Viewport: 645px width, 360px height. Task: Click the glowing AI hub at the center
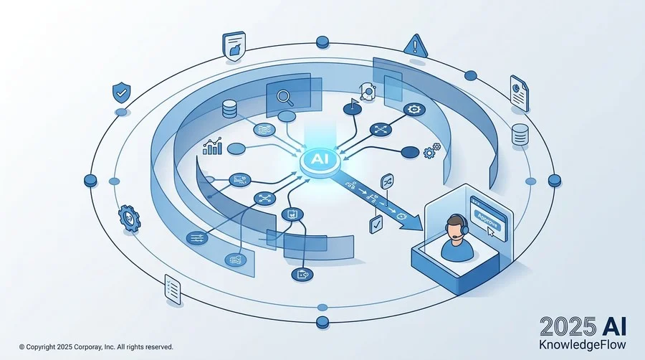coord(320,161)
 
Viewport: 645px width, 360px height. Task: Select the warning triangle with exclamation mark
coord(416,45)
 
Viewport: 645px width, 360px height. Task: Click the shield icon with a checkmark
coord(121,93)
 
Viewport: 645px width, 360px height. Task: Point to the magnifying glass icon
coord(285,98)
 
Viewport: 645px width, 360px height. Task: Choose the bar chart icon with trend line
coord(213,146)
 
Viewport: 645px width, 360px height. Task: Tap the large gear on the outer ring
coord(129,217)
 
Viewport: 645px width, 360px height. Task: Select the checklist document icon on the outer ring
coord(173,290)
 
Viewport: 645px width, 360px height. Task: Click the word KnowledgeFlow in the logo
coord(582,344)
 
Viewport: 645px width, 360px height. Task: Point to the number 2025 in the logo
coord(568,327)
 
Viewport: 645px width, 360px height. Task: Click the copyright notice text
coord(96,347)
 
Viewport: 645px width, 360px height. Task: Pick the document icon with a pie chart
coord(520,93)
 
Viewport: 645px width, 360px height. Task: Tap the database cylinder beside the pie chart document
coord(520,135)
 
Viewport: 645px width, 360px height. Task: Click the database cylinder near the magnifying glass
coord(229,109)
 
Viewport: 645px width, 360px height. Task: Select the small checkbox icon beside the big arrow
coord(376,224)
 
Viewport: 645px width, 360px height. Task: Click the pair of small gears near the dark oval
coord(432,151)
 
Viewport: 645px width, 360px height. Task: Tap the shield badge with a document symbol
coord(234,47)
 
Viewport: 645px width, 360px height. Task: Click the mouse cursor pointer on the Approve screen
coord(490,232)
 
